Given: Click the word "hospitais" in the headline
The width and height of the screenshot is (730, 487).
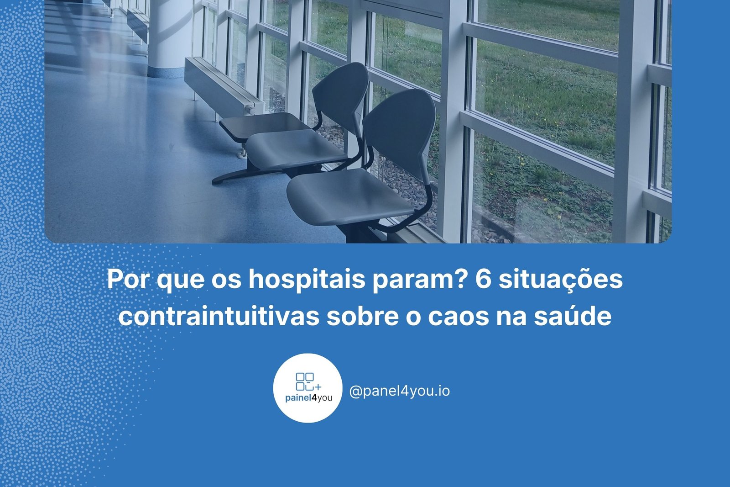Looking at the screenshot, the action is (307, 280).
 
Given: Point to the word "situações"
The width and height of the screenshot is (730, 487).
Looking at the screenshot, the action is (561, 280).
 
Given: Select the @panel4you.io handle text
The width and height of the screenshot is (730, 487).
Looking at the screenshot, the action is (400, 391).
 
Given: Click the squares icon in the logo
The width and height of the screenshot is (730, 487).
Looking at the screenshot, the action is (308, 381).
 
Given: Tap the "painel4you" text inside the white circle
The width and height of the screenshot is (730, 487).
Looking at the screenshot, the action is (308, 398).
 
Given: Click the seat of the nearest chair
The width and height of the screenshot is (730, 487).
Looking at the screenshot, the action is (349, 196).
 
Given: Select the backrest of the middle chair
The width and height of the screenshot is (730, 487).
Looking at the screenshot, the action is (340, 94).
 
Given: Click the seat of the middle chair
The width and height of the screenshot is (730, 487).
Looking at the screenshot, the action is (295, 148).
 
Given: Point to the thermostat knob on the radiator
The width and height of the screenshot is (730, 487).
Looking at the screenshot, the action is (250, 109).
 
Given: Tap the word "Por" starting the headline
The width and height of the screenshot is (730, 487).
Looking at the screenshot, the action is (127, 280).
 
